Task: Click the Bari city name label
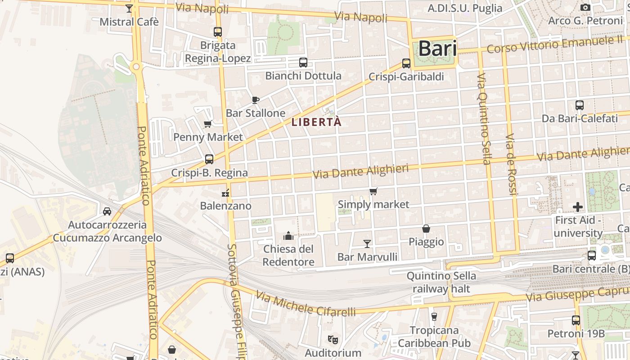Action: click(437, 49)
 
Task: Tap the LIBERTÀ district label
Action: click(317, 122)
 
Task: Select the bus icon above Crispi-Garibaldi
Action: click(406, 63)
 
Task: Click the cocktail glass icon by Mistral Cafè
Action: click(129, 9)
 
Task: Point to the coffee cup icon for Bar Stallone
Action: click(256, 100)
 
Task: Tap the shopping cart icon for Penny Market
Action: click(208, 124)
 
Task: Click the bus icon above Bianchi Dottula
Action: click(303, 63)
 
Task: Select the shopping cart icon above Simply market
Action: click(373, 192)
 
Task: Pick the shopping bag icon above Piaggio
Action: click(426, 229)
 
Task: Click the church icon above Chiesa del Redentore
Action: click(288, 235)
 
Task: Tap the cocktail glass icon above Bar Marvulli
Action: click(367, 243)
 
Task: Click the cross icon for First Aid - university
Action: click(578, 207)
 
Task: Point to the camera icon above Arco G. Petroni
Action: click(585, 7)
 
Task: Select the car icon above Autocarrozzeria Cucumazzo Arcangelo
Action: click(107, 211)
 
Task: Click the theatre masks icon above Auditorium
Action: click(333, 339)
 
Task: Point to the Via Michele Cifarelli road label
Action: click(306, 304)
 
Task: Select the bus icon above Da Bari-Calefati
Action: click(580, 105)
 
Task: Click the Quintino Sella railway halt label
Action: click(441, 282)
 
